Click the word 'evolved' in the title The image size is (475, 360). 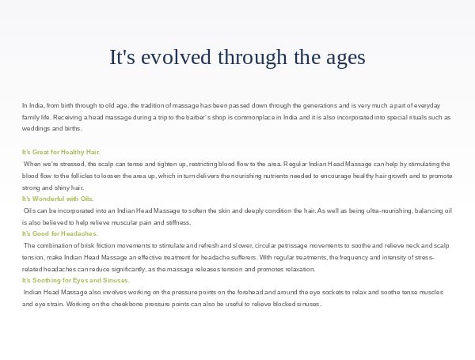[x=176, y=57]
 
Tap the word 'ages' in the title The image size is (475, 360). [x=346, y=59]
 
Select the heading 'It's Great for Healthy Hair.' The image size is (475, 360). [x=61, y=152]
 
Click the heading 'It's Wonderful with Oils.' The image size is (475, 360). [x=58, y=199]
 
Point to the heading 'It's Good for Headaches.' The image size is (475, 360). [x=60, y=233]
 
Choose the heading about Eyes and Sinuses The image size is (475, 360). [x=76, y=280]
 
